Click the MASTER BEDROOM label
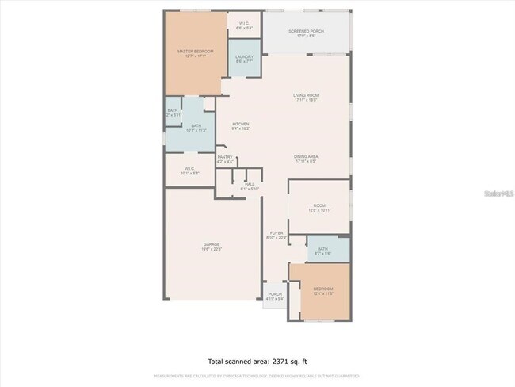point(194,52)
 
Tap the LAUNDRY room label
point(244,56)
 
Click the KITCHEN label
point(241,124)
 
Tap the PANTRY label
point(225,157)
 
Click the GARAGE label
point(211,243)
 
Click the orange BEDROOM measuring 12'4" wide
point(322,289)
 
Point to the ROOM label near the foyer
point(319,205)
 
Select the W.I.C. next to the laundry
point(244,23)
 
